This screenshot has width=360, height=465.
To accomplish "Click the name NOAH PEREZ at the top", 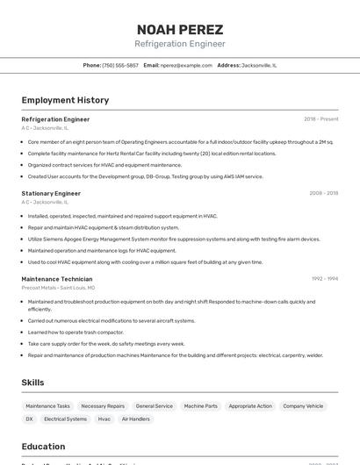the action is point(179,29).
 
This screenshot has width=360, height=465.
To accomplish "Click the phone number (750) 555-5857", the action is point(120,65).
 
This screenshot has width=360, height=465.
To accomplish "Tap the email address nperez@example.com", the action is point(186,65).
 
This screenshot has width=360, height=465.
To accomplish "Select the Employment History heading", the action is point(65,100).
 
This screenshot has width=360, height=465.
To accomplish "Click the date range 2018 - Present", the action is point(320,118).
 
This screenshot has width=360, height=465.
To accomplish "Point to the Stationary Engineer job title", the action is point(51,193).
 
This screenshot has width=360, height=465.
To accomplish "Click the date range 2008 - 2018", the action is point(323,193).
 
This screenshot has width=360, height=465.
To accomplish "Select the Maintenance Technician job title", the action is point(57,279).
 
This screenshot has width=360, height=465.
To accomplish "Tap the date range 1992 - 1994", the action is point(324,279).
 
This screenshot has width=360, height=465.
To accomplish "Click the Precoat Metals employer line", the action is point(58,288).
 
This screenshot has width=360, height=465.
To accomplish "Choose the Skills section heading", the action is point(32,383).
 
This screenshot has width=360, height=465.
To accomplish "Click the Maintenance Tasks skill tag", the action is point(47,406).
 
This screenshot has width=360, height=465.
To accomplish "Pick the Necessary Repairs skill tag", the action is point(103,406).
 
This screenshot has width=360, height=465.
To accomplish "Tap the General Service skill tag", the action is point(154,406).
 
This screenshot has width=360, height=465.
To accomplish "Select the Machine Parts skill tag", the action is point(200,406).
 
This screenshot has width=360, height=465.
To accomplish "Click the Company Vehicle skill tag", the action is point(303,406).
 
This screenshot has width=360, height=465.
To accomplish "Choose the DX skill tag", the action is point(29,419).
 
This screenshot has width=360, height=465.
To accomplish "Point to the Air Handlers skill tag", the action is point(135,419).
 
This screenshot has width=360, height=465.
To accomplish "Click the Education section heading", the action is point(43,446).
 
